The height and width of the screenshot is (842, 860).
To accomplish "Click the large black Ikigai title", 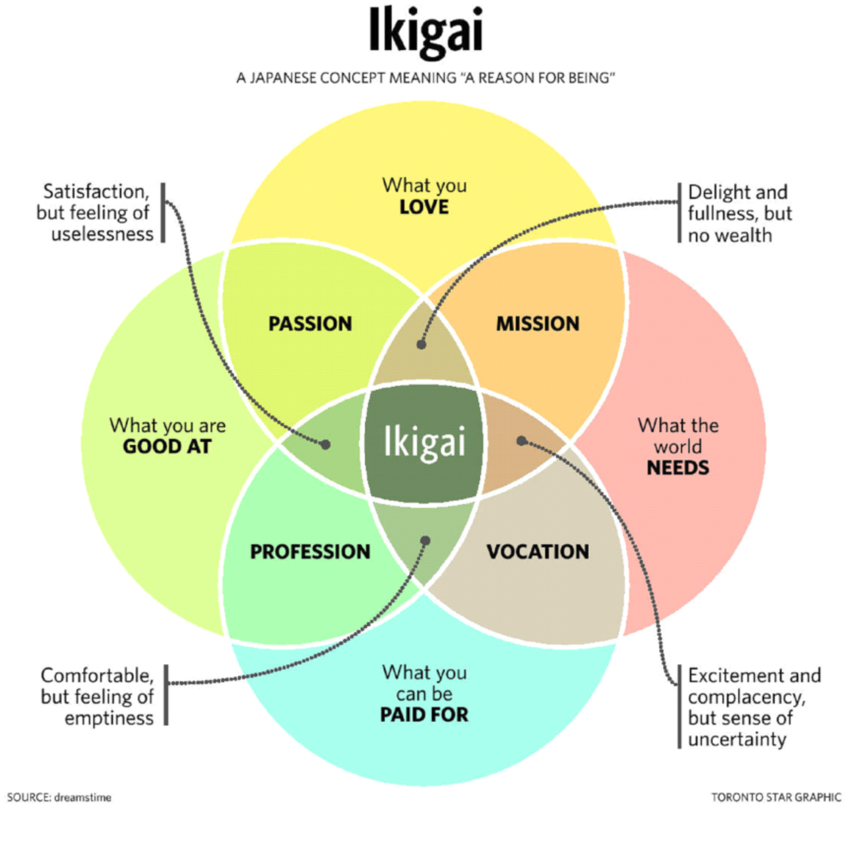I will click(x=425, y=31).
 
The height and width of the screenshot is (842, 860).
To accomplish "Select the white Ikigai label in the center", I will click(x=424, y=442).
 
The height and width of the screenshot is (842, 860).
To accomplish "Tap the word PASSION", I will click(x=310, y=324).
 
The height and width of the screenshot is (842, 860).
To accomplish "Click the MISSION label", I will click(x=538, y=324).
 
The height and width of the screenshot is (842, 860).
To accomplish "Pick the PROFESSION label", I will click(x=310, y=552).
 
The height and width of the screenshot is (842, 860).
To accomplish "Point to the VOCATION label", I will click(x=538, y=552).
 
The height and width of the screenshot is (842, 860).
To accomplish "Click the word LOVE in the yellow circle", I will click(x=424, y=207).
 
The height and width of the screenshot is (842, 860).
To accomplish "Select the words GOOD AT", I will click(x=167, y=447).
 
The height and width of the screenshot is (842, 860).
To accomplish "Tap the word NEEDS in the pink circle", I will click(x=677, y=468).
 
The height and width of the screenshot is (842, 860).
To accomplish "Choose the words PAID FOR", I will click(x=424, y=715).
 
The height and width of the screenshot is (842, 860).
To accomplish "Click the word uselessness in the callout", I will click(x=102, y=234).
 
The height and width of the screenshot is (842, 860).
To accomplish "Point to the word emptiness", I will click(x=109, y=718).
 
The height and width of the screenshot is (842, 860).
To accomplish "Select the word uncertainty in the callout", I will click(x=737, y=740).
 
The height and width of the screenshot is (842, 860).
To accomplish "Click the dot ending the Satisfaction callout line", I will click(x=325, y=444).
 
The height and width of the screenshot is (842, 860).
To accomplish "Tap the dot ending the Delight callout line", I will click(x=421, y=344).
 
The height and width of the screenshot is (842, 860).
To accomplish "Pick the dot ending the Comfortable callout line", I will click(x=425, y=541).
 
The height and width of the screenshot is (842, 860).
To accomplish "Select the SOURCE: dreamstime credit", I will click(x=59, y=797).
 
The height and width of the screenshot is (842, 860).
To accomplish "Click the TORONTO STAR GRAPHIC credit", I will click(x=776, y=797).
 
